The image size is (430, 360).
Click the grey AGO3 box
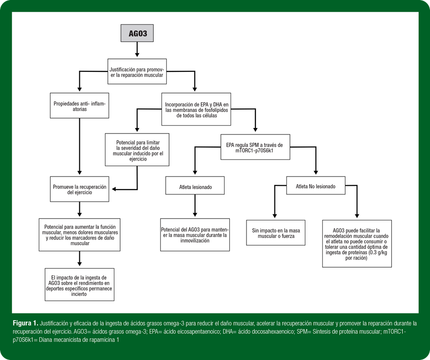point(137,33)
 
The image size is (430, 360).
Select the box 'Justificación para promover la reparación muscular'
point(137,71)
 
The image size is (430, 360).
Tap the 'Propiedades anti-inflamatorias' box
point(79,106)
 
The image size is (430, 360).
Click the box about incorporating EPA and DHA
point(196,109)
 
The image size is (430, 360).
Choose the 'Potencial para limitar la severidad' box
point(137,150)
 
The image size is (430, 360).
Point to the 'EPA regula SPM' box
point(255,147)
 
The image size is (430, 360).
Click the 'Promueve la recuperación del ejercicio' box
point(79,189)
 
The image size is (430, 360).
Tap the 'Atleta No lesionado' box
point(316,186)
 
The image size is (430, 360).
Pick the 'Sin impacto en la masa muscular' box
point(275,233)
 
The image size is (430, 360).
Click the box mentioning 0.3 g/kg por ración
point(357,243)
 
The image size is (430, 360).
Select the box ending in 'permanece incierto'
point(79,285)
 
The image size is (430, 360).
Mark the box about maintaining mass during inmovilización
point(195,235)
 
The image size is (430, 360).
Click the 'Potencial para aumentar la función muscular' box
point(79,235)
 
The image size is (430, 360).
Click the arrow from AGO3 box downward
point(137,49)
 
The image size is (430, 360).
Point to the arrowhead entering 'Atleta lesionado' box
point(195,172)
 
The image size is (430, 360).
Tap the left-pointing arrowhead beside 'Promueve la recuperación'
point(114,189)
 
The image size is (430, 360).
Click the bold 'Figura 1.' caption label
point(25,323)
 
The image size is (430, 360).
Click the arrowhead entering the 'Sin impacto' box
point(275,216)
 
